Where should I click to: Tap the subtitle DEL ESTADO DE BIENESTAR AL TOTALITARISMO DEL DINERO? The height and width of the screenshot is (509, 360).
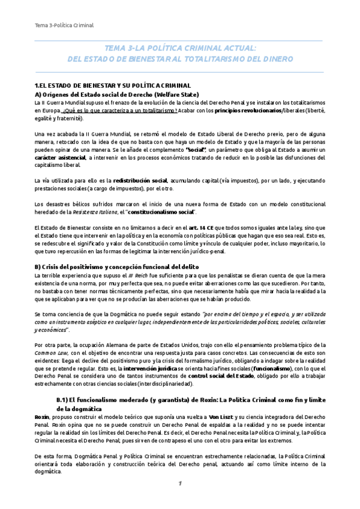180,59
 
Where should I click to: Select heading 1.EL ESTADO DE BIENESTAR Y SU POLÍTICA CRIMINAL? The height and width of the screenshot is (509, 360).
113,86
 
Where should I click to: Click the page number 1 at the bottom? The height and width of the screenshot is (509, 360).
179,483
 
